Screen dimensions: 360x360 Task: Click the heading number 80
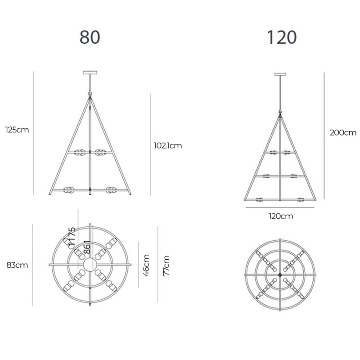pos(90,37)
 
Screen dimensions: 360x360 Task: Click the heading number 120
pos(282,37)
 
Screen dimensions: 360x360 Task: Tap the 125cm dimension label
pos(17,130)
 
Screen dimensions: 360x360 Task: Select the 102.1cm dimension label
pos(167,145)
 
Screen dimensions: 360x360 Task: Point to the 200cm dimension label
pos(343,133)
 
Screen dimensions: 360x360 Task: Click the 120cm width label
pos(281,216)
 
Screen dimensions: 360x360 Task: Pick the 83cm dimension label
pos(17,265)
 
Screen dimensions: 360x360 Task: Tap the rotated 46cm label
pos(146,265)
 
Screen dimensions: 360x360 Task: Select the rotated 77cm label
pos(166,265)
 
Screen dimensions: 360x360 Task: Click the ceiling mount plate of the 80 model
pos(90,72)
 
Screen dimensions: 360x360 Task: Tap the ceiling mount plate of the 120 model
pos(281,75)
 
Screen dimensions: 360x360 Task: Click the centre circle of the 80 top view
pos(90,265)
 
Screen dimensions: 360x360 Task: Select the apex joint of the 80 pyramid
pos(90,95)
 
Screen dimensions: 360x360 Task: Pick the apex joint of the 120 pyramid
pos(281,113)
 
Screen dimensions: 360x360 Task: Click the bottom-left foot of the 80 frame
pos(50,193)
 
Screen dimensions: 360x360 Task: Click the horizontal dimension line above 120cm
pos(281,207)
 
